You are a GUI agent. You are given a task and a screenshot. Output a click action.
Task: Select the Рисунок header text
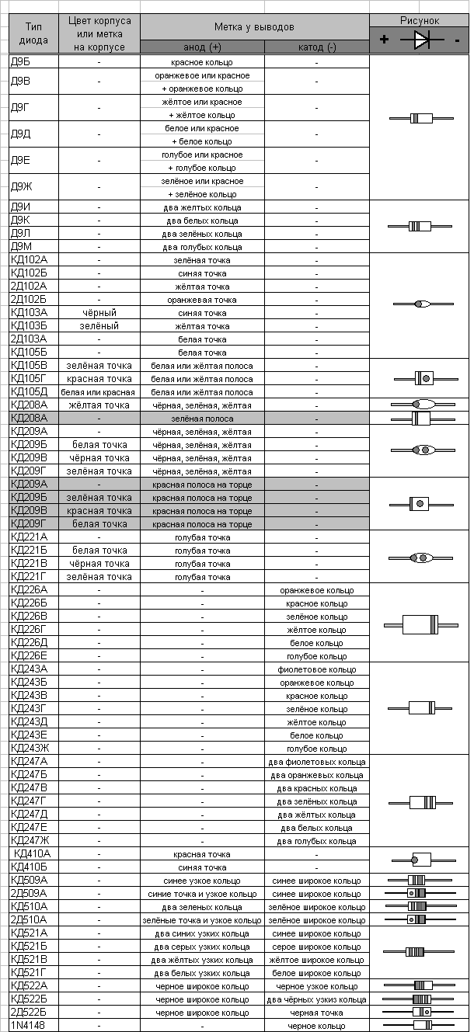(x=420, y=21)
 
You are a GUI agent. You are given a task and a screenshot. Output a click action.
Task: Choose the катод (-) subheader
(x=317, y=47)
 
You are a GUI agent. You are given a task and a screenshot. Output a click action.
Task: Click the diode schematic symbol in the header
(x=422, y=39)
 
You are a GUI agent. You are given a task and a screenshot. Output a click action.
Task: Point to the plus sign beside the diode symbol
(x=385, y=40)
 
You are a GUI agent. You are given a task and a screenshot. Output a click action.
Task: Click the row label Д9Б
(x=21, y=61)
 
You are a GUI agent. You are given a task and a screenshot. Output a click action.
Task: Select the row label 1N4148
(x=26, y=1025)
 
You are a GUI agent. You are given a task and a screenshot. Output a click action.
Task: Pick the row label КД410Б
(x=30, y=867)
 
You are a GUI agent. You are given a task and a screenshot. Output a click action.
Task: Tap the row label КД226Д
(x=29, y=642)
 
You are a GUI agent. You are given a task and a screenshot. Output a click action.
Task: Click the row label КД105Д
(x=29, y=391)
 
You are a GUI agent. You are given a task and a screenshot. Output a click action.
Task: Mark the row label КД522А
(x=29, y=985)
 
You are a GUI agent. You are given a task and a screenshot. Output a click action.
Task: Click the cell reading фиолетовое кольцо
(x=317, y=669)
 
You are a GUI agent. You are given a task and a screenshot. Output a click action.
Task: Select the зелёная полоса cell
(x=202, y=419)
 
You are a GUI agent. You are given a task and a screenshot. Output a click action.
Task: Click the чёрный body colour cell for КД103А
(x=99, y=313)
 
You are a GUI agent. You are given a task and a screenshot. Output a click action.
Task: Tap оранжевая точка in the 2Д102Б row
(x=202, y=300)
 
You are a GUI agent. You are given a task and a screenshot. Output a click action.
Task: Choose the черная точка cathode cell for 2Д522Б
(x=317, y=1013)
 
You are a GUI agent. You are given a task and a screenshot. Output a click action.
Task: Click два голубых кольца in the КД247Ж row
(x=317, y=841)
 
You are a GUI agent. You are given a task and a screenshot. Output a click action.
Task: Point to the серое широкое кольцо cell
(x=317, y=947)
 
